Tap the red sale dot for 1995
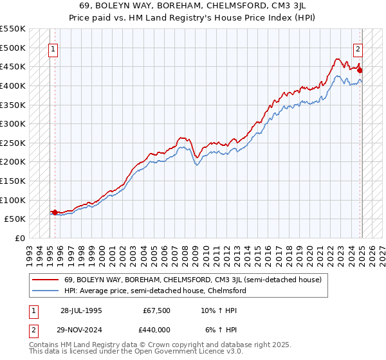(x=55, y=212)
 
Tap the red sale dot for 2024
(x=360, y=70)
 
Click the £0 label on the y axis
(x=20, y=238)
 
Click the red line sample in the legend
(x=46, y=279)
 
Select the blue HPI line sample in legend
(x=46, y=291)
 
